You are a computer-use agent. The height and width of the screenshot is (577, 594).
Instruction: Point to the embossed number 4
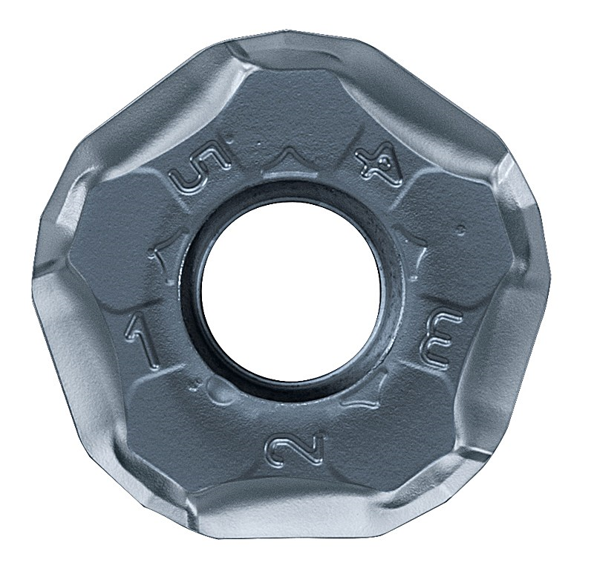(x=379, y=166)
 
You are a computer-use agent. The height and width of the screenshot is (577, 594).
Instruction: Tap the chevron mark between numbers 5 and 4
(x=289, y=157)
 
